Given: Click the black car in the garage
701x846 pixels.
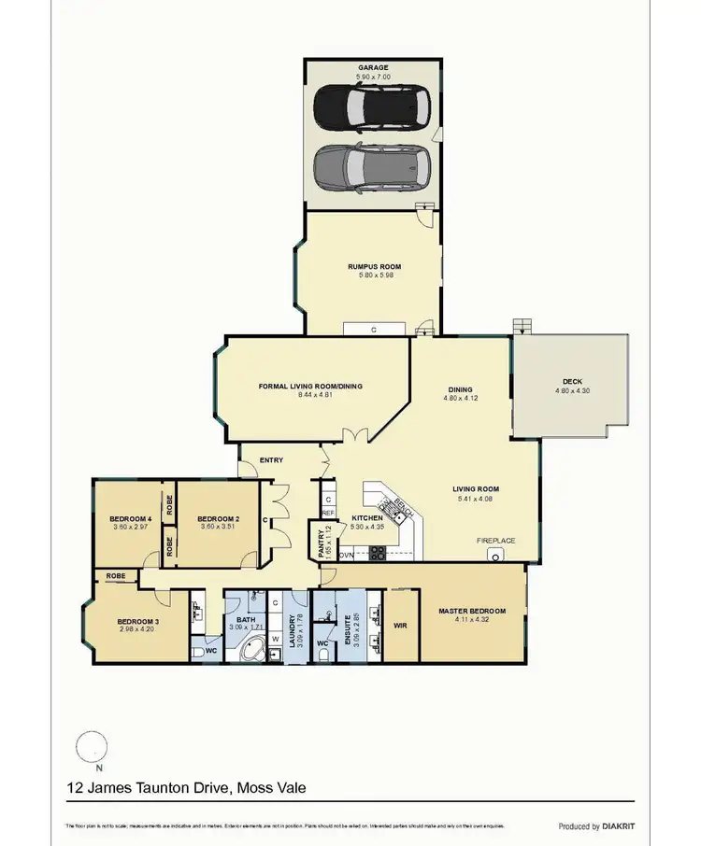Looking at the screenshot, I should point(372,107).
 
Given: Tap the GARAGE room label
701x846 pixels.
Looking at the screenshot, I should point(374,67).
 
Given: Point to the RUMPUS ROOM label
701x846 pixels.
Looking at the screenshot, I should point(374,267).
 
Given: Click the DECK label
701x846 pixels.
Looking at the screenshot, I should point(572,380).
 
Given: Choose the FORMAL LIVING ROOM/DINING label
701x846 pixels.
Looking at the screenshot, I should point(310,386).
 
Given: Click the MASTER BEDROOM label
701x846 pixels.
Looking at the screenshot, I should point(472,612).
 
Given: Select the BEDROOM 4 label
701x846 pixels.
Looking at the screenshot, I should point(130,519).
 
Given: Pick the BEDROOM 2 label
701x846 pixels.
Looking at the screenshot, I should point(220,519).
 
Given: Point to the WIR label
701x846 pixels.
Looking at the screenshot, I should point(400,625).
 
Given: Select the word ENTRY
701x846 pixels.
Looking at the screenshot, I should point(271,459).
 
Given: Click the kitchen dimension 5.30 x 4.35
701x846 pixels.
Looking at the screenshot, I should point(366,528).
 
